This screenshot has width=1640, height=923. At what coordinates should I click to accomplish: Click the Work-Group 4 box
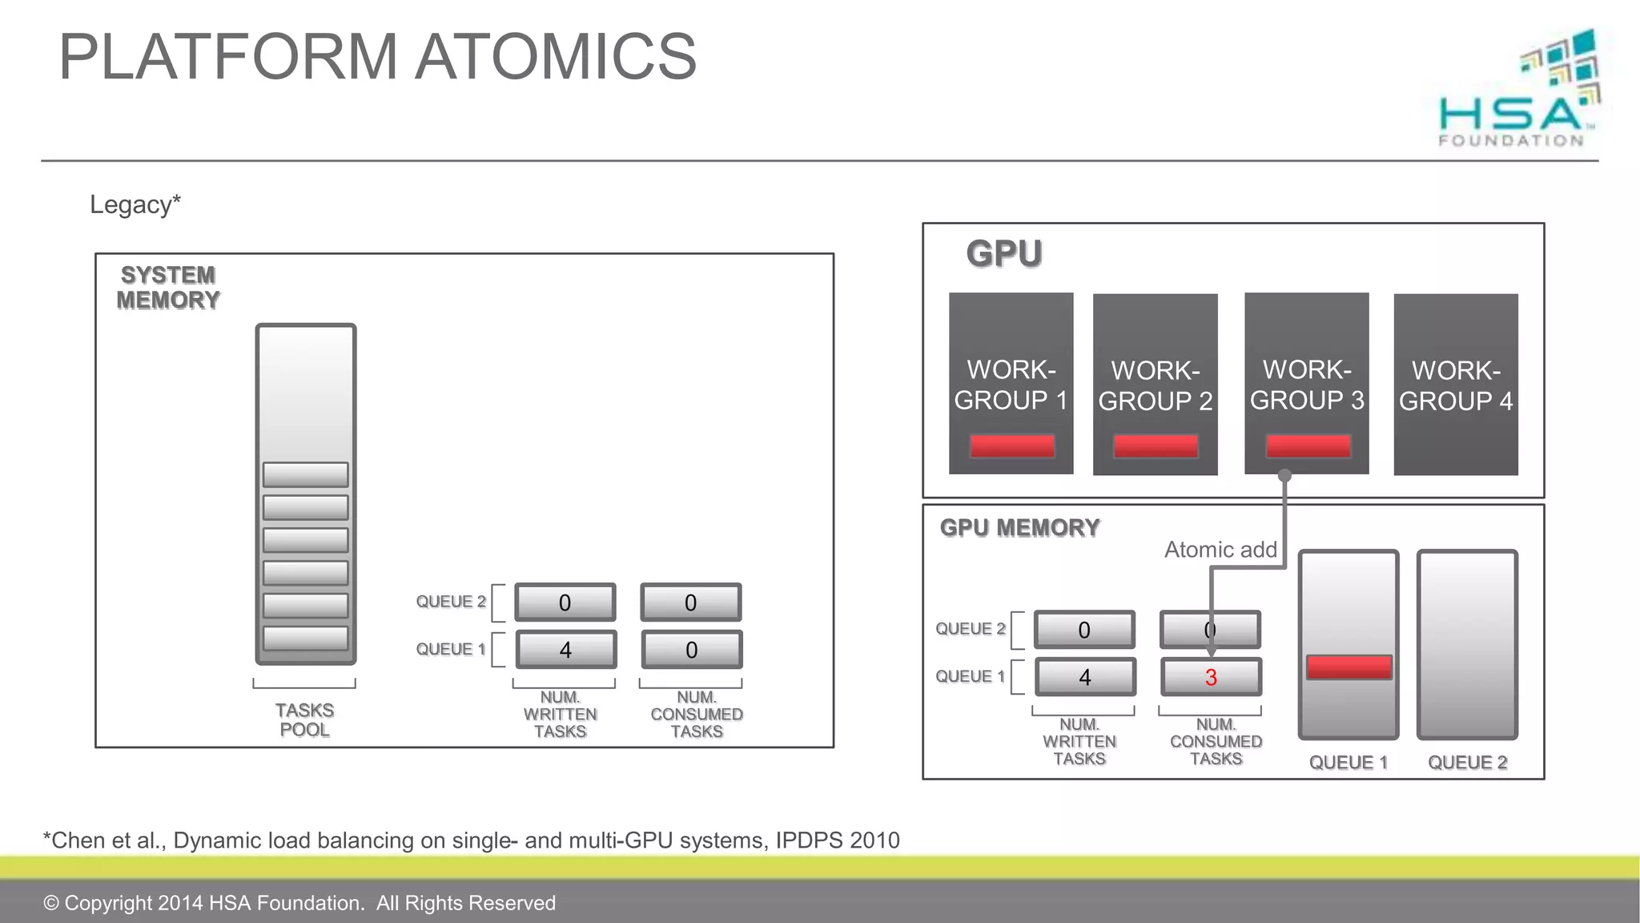click(x=1455, y=385)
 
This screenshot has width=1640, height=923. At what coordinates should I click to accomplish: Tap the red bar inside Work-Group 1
click(x=1011, y=446)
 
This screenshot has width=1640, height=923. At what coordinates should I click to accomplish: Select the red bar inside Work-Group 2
click(x=1156, y=446)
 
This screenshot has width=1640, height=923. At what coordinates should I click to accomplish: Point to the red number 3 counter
click(x=1211, y=678)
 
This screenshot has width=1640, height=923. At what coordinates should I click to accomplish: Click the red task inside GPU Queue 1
click(x=1349, y=667)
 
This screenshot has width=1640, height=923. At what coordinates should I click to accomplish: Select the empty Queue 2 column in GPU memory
click(x=1467, y=644)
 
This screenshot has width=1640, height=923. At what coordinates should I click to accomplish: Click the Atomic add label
click(x=1220, y=550)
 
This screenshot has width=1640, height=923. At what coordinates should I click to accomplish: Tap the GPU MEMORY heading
click(x=1019, y=528)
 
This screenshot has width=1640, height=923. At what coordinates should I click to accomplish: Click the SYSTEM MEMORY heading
click(x=168, y=288)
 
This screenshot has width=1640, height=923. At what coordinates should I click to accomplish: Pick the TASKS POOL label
click(x=304, y=719)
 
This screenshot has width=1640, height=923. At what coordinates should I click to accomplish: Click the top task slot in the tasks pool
click(x=306, y=475)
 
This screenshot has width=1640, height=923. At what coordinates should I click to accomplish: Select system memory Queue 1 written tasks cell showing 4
click(x=565, y=650)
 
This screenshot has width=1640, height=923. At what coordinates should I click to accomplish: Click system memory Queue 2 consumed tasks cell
click(x=690, y=603)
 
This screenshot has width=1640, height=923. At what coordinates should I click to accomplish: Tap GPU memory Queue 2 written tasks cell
click(x=1084, y=630)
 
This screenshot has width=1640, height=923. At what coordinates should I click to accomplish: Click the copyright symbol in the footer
click(x=51, y=903)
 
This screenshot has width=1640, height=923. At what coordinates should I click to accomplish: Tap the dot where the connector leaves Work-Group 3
click(x=1284, y=475)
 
